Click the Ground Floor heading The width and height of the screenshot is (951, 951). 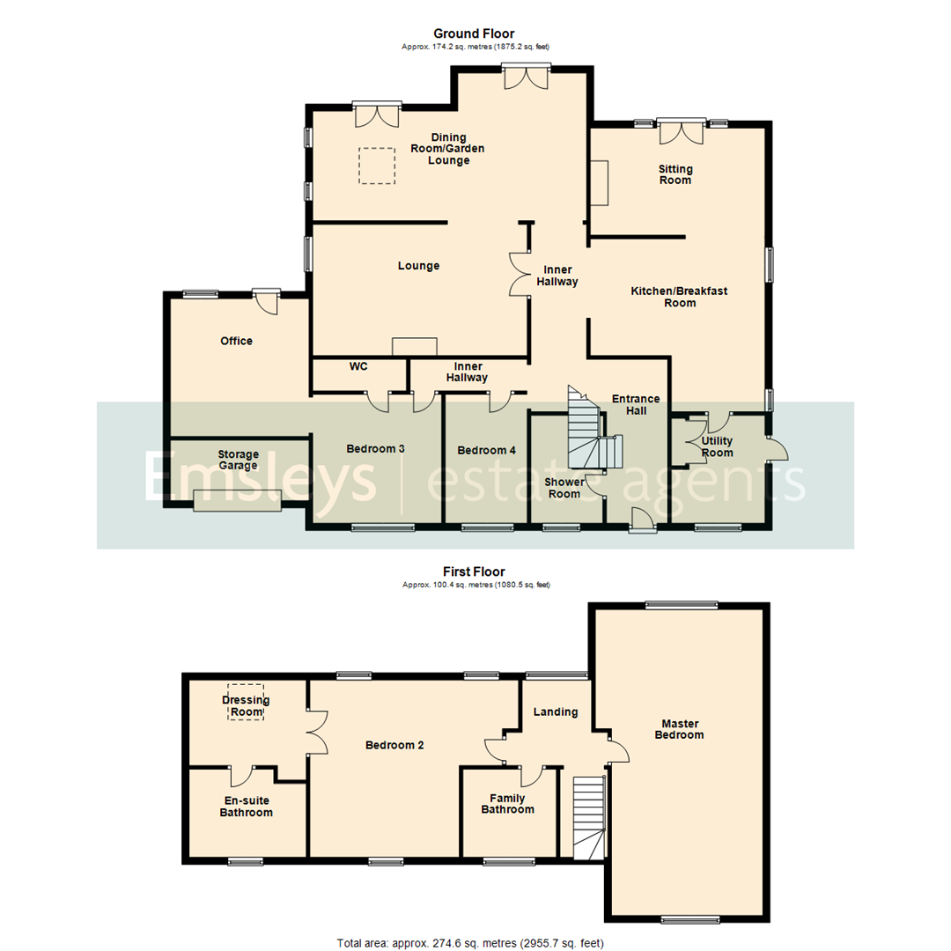475,33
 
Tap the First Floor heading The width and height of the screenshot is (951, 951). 475,571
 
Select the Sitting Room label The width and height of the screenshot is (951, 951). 675,174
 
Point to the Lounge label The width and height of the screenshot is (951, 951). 418,266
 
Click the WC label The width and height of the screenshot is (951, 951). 358,365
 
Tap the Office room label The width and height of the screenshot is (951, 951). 236,341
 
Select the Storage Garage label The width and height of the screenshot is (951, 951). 238,460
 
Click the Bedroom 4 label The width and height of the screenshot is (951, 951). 486,450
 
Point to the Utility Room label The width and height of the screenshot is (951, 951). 717,446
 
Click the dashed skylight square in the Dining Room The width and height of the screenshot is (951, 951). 377,166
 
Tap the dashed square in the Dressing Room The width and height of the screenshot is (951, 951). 246,702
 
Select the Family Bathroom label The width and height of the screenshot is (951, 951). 507,804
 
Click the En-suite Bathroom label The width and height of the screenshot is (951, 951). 246,807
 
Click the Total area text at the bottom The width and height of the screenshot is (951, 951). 470,943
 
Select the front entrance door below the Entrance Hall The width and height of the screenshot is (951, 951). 643,521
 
